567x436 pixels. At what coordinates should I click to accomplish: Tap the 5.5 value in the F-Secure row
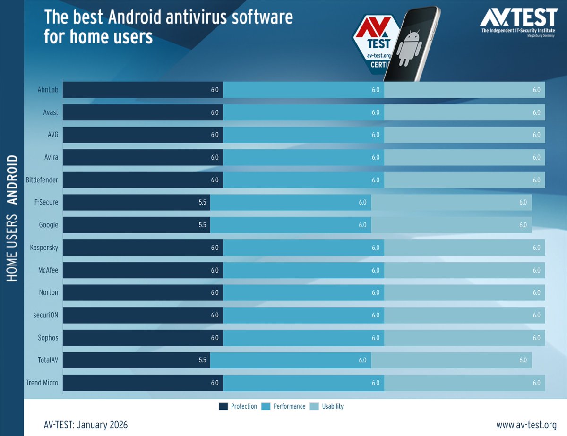(x=202, y=202)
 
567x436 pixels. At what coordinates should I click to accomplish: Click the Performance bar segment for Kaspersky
(x=303, y=248)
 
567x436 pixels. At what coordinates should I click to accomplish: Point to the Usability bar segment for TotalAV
(x=451, y=360)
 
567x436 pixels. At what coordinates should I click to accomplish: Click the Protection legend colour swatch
(x=223, y=406)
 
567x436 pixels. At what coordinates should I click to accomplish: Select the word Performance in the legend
(x=289, y=406)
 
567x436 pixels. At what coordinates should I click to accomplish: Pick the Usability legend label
(x=333, y=406)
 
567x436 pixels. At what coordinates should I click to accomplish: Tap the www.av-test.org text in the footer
(x=526, y=425)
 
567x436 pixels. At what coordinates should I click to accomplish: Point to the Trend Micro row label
(x=42, y=383)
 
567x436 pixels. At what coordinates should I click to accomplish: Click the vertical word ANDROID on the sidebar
(x=12, y=180)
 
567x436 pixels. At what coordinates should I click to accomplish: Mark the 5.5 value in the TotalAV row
(x=202, y=360)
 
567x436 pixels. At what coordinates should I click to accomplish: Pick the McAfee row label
(x=48, y=270)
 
